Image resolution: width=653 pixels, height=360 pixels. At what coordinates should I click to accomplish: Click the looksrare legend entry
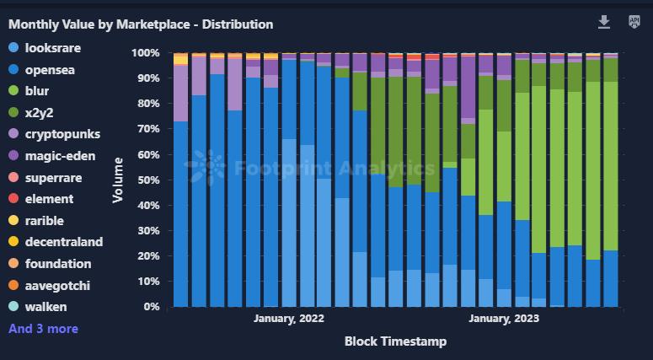click(52, 48)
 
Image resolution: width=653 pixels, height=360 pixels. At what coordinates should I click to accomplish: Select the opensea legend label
click(50, 70)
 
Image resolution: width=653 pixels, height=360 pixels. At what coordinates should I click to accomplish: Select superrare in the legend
click(52, 177)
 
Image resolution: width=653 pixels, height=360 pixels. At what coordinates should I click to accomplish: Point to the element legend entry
click(49, 199)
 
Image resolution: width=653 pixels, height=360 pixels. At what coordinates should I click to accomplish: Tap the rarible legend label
click(45, 220)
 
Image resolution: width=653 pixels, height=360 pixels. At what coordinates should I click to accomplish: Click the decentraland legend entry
click(63, 242)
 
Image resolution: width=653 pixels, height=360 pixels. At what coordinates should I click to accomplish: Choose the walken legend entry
click(45, 307)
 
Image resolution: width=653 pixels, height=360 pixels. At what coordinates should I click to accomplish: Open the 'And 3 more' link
click(43, 329)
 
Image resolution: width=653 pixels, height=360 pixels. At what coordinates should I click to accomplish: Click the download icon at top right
click(604, 22)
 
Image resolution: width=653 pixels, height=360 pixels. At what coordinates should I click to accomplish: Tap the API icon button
click(634, 22)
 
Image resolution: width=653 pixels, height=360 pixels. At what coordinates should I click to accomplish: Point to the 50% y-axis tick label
click(147, 180)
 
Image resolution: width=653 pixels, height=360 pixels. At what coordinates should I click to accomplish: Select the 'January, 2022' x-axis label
click(288, 319)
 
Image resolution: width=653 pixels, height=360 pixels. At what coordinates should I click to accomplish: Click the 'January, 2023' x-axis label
click(504, 319)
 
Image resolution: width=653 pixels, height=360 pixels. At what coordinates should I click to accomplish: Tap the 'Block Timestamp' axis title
click(395, 341)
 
